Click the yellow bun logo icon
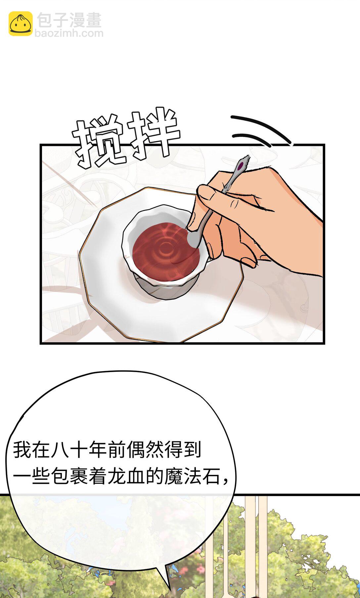[21, 24]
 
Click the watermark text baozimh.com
[69, 33]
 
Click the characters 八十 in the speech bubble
[69, 450]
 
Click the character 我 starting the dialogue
[22, 450]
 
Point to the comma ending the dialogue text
[226, 481]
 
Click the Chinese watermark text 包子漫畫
[69, 21]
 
